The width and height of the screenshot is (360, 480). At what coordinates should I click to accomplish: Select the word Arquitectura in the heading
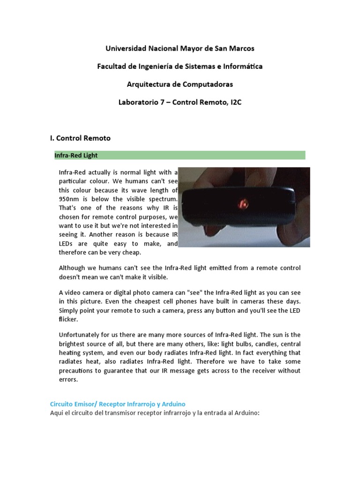pos(149,84)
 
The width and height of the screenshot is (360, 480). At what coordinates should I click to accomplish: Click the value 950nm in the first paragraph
pos(69,199)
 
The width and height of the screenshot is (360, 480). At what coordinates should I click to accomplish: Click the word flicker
pos(69,319)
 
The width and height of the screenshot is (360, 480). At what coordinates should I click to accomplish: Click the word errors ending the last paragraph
pos(69,379)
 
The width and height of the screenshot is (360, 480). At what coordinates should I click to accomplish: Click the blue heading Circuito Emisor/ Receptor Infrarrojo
pos(118,403)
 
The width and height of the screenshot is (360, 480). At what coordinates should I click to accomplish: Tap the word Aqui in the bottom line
pos(58,412)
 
